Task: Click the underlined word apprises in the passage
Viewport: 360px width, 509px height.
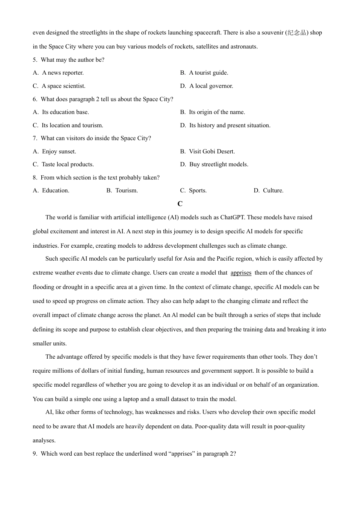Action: (x=241, y=273)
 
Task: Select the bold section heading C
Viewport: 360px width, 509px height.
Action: (x=180, y=204)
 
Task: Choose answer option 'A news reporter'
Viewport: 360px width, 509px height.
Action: (x=63, y=73)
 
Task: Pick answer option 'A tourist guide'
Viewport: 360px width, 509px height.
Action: (x=208, y=73)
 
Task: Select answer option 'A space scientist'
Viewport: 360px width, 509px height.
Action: (x=63, y=86)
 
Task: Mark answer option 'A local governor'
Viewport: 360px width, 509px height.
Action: (x=211, y=86)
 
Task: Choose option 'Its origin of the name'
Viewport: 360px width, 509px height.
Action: (x=217, y=112)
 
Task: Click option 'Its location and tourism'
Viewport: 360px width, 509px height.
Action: (x=72, y=125)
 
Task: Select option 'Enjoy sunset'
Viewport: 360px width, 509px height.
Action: (x=59, y=151)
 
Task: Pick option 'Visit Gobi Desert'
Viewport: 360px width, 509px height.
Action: (x=212, y=151)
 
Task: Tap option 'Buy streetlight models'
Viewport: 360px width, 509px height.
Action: (x=219, y=164)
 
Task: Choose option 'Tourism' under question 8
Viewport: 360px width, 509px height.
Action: (x=127, y=190)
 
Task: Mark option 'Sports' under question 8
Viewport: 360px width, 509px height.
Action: (x=197, y=190)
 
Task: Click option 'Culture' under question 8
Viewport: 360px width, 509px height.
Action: (x=273, y=190)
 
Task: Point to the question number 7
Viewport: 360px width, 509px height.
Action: (x=35, y=138)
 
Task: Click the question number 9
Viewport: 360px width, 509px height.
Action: (x=35, y=454)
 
